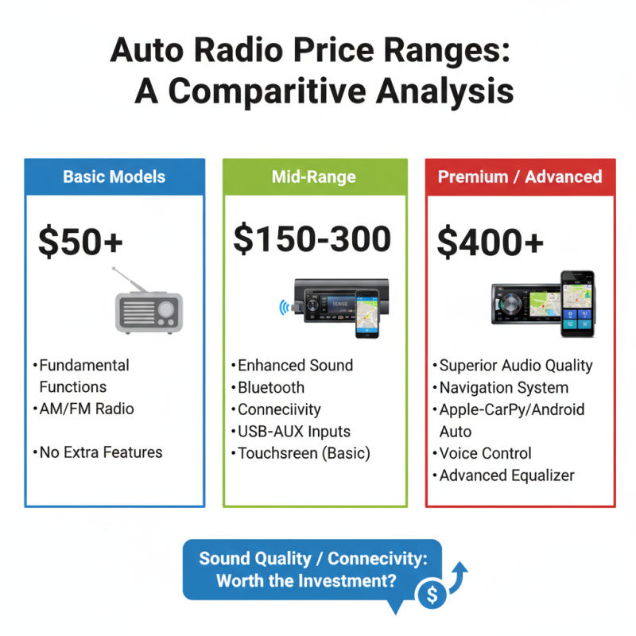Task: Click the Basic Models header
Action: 114,176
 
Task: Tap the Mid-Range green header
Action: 315,176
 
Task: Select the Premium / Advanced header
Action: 521,176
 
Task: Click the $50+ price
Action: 81,241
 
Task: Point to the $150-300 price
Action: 312,238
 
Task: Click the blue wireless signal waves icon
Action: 283,307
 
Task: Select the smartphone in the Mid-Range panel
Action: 366,312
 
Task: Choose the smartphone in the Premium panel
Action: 577,303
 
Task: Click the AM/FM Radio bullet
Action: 87,409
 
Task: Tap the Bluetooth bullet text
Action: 271,387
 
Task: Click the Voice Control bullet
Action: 486,453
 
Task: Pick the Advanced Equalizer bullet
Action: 507,475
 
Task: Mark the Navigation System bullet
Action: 504,388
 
